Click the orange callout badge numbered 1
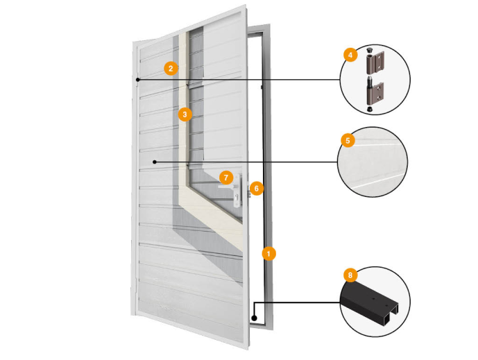coord(268,254)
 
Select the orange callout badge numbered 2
coord(171,68)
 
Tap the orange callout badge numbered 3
coord(185,114)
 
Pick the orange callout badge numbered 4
coord(350,55)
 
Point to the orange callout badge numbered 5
coord(348,141)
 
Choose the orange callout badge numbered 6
coord(257,189)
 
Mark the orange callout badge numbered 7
coord(226,178)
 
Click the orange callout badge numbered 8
coord(350,275)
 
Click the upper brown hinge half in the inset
coord(375,62)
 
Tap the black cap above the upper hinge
coord(370,49)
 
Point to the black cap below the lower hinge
coord(370,109)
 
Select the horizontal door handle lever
coord(228,187)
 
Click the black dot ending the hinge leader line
coord(138,80)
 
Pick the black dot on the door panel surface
coord(155,162)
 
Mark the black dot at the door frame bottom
coord(254,318)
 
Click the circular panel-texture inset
coord(373,162)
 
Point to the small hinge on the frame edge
coord(262,87)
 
